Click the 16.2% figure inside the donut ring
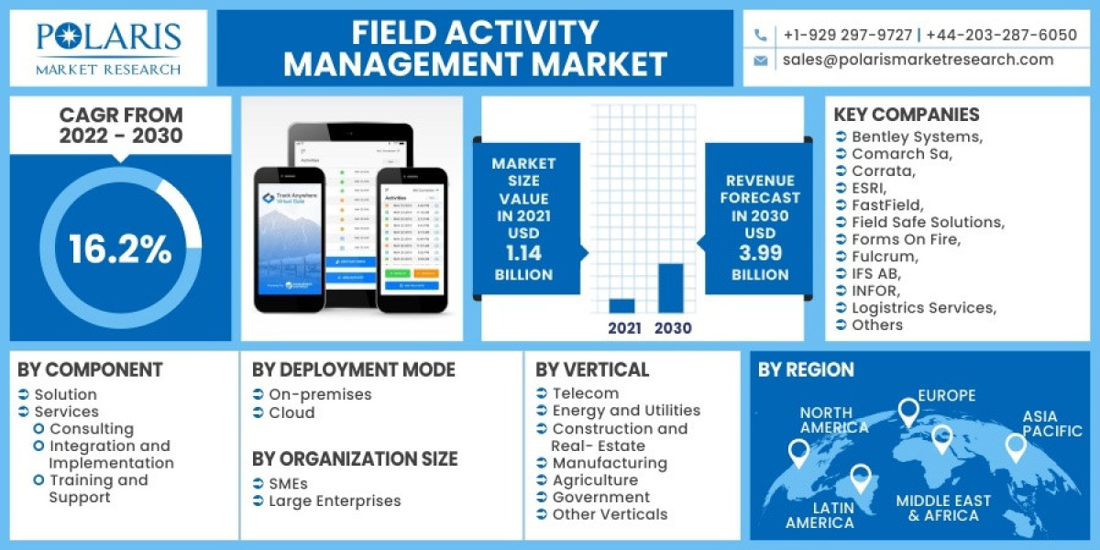(120, 249)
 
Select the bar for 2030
(671, 288)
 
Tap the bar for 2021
(621, 305)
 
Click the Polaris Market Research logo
(108, 48)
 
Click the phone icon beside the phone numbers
(760, 36)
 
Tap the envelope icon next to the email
(760, 60)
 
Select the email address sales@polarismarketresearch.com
(918, 60)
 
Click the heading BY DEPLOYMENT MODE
(353, 370)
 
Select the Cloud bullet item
(291, 412)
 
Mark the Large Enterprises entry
(335, 500)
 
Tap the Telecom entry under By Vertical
(586, 393)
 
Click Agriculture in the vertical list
(595, 480)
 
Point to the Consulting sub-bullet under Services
(91, 429)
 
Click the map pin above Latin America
(859, 477)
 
